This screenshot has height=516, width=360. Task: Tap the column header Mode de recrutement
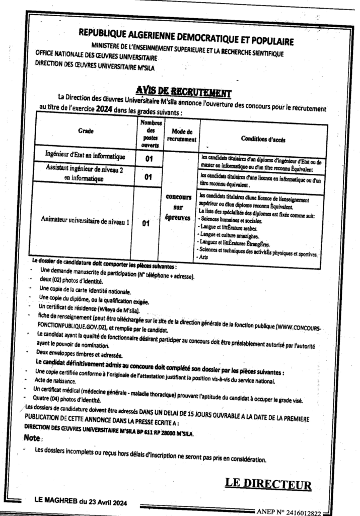tap(182, 134)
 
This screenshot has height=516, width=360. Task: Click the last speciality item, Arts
tap(204, 257)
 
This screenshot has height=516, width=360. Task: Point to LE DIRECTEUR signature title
tap(267, 485)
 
